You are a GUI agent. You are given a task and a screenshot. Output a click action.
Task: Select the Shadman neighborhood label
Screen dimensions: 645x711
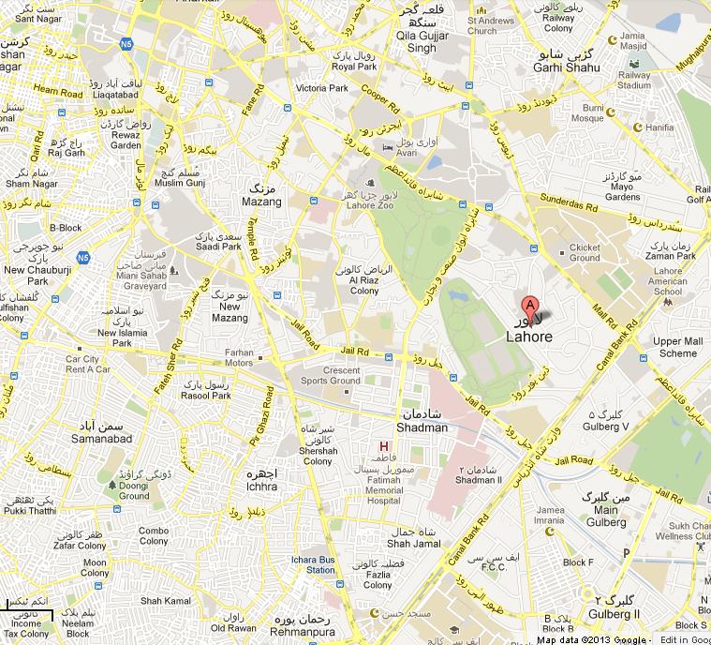pos(422,427)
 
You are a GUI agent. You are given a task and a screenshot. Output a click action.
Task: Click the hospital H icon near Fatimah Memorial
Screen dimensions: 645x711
pos(382,444)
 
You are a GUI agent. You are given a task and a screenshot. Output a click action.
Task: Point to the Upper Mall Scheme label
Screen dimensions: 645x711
pos(677,347)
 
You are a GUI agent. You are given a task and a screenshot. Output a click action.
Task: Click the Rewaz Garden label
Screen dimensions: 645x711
pos(126,140)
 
